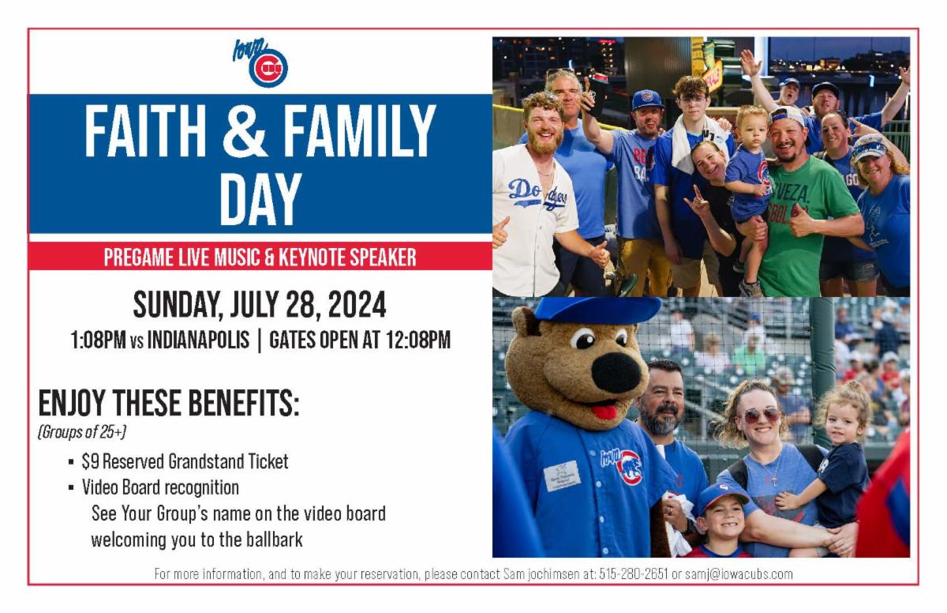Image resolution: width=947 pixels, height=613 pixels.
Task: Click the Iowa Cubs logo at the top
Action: tap(261, 63)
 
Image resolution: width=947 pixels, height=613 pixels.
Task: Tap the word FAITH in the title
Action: tap(145, 131)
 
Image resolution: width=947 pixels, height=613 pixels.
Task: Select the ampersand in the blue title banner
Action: tap(245, 131)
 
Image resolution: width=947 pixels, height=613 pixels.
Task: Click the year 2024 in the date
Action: tap(357, 304)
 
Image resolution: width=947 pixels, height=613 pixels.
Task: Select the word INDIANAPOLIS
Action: tap(198, 340)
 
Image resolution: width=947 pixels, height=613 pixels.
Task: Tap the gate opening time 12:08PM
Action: tap(417, 340)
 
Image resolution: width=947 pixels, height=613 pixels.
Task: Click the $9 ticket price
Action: tap(91, 461)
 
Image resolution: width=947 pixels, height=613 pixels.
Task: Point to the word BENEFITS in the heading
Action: tap(244, 403)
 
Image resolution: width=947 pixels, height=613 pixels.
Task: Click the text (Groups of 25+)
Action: tap(82, 432)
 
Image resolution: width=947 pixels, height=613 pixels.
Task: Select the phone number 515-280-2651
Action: tap(633, 574)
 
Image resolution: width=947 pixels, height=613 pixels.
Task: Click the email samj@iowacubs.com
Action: tap(739, 574)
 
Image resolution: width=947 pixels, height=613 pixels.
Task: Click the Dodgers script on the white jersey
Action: tap(537, 194)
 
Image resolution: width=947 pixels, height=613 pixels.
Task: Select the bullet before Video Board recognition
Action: tap(71, 487)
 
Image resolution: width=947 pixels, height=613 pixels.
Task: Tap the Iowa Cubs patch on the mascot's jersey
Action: tap(622, 466)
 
